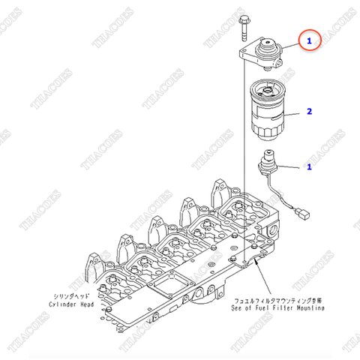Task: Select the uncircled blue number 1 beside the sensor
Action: [308, 167]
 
